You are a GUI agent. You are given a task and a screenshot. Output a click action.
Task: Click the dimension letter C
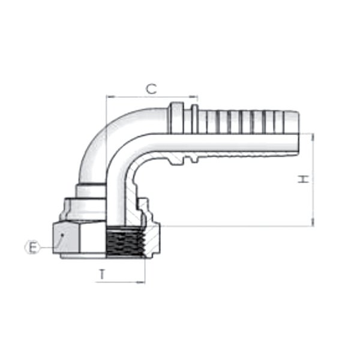pos(152,89)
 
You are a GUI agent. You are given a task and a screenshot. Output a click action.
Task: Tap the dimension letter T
pos(102,274)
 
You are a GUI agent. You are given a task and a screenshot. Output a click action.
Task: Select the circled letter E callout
pos(32,247)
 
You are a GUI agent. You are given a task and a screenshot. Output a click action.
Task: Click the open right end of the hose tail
pos(296,133)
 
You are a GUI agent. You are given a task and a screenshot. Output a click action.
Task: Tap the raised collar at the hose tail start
pos(176,120)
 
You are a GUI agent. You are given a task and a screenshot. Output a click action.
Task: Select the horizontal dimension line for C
pos(152,96)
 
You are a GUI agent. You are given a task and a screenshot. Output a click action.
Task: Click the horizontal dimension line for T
pos(120,282)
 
